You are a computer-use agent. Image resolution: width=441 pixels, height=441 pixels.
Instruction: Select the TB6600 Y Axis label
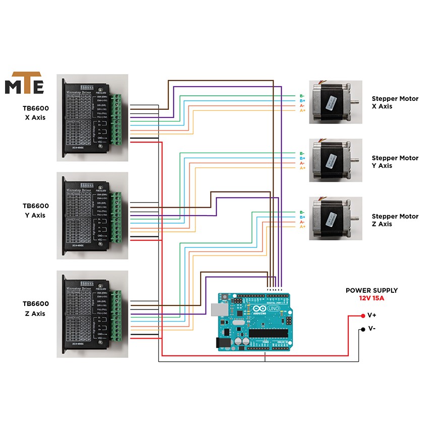pyautogui.click(x=36, y=210)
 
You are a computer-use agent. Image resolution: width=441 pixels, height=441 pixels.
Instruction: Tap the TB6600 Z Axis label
pyautogui.click(x=36, y=308)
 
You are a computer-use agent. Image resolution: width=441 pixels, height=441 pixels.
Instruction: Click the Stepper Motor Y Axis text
pyautogui.click(x=395, y=162)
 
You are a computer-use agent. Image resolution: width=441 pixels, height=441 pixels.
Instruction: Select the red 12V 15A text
pyautogui.click(x=371, y=298)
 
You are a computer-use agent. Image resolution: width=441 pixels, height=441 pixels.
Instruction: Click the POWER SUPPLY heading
pyautogui.click(x=371, y=290)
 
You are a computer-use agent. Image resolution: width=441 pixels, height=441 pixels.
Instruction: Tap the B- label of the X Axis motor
pyautogui.click(x=302, y=96)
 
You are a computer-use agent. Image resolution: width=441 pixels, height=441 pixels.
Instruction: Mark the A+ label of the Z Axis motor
pyautogui.click(x=302, y=227)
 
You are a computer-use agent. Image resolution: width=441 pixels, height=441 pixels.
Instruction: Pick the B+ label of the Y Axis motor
pyautogui.click(x=302, y=158)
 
